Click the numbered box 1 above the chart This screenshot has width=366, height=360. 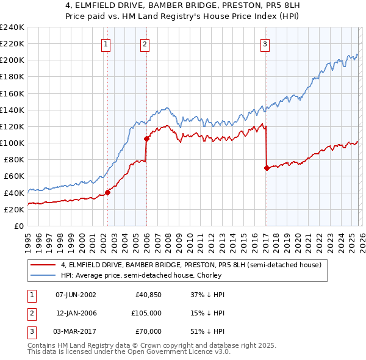106,43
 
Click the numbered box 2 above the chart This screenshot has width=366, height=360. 145,43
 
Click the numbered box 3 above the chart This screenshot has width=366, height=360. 265,43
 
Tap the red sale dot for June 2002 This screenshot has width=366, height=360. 107,192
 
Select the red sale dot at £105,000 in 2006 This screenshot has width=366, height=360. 146,139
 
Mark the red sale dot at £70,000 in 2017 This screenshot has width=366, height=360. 267,168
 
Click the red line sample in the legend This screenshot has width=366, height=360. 44,265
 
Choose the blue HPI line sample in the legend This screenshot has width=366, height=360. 44,276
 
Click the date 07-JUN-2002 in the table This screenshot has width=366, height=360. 76,295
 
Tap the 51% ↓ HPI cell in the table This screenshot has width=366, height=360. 207,331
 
